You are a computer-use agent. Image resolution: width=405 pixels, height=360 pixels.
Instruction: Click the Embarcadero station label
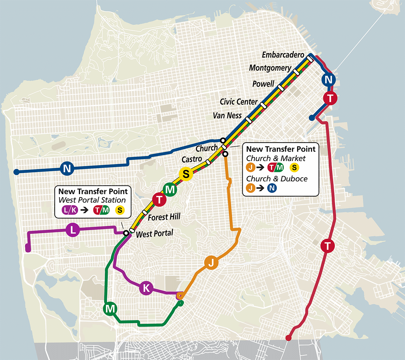(x=283, y=55)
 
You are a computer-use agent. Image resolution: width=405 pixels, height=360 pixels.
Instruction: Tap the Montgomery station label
(x=270, y=68)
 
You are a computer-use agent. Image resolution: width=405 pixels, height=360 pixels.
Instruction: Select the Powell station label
(x=263, y=84)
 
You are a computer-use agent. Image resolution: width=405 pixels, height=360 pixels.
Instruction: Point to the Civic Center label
(x=238, y=102)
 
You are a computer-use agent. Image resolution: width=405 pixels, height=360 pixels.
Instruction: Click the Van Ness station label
(x=227, y=115)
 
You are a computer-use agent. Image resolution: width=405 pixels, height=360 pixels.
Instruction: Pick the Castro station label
(x=192, y=159)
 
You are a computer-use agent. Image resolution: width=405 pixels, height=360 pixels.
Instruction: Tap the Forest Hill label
(x=164, y=217)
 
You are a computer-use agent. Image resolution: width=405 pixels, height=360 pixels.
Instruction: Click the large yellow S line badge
(x=186, y=174)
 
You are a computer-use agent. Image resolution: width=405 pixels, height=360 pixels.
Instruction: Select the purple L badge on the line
(x=73, y=230)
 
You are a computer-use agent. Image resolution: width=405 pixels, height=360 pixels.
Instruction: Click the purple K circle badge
(x=146, y=288)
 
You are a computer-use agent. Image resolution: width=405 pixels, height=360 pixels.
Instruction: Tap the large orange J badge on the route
(x=211, y=262)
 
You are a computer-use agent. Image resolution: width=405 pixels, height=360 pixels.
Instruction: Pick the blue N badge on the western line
(x=67, y=168)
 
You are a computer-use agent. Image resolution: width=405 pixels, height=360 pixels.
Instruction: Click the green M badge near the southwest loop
(x=110, y=308)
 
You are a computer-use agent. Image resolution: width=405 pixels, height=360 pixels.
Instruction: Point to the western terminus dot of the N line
(x=16, y=172)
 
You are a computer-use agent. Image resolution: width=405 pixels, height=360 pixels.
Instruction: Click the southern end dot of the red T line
(x=288, y=338)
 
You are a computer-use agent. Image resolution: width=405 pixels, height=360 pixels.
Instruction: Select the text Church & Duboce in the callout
(x=277, y=179)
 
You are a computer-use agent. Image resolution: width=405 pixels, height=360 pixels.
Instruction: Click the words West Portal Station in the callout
(x=92, y=200)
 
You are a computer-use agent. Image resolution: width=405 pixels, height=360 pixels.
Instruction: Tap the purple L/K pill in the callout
(x=70, y=210)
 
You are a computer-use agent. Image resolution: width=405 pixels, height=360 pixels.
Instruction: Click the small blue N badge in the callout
(x=272, y=188)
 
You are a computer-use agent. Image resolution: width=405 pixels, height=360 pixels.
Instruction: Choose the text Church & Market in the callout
(x=276, y=158)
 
